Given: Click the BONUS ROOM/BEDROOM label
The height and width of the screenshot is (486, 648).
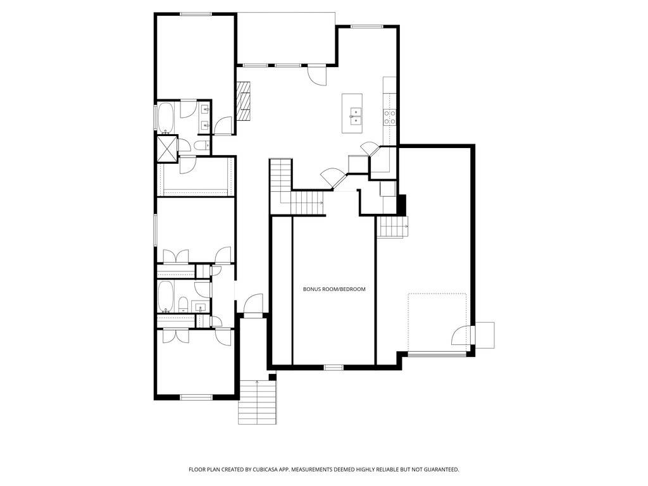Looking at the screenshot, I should click(334, 289).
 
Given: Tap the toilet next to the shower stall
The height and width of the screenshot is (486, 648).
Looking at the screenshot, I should click(201, 146).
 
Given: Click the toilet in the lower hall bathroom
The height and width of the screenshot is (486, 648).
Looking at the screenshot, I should click(182, 306).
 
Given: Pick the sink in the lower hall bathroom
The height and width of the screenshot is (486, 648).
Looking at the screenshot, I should click(199, 308).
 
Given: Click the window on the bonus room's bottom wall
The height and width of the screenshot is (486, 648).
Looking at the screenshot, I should click(333, 367).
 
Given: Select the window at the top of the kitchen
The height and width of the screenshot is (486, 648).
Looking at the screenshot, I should click(367, 27).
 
